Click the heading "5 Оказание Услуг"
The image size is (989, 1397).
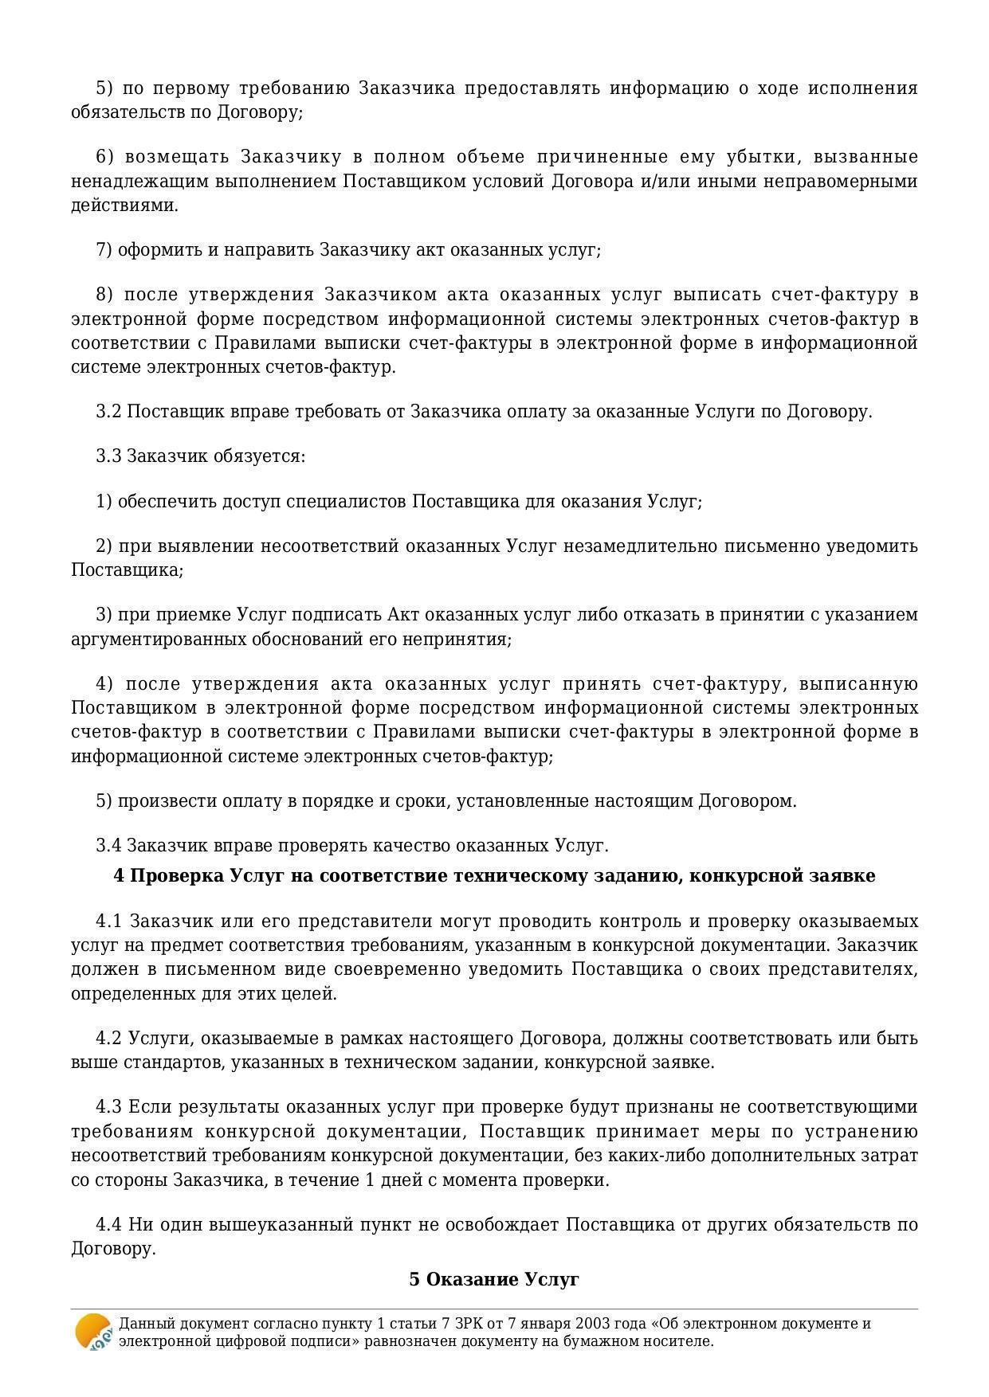coord(494,1279)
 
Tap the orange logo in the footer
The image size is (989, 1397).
coord(93,1332)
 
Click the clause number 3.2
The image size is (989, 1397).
coord(108,411)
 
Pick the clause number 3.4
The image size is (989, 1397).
coord(108,845)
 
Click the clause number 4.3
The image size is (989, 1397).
coord(108,1106)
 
